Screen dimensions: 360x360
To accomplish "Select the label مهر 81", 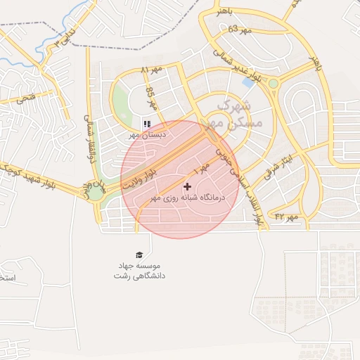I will coord(151,70).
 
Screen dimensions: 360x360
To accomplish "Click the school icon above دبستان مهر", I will coord(147,124).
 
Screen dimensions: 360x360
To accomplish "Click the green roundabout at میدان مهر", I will coord(94,192).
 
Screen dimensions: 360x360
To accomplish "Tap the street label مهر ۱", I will coord(202,169).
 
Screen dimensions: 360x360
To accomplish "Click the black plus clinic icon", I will coord(187,186).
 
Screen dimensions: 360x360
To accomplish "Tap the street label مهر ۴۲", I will coord(286,217).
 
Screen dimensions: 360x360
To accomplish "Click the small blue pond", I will coord(248,82).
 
